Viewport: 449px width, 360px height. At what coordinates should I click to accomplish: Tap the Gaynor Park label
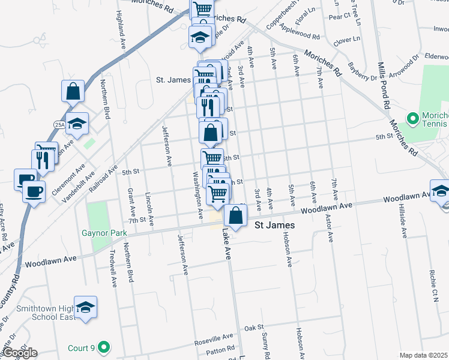coord(103,232)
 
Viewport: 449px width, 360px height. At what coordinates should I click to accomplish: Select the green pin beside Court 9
coord(104,347)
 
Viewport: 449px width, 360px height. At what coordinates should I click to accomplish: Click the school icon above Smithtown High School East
coord(85,307)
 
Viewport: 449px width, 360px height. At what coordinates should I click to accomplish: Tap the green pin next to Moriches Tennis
coord(412,118)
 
